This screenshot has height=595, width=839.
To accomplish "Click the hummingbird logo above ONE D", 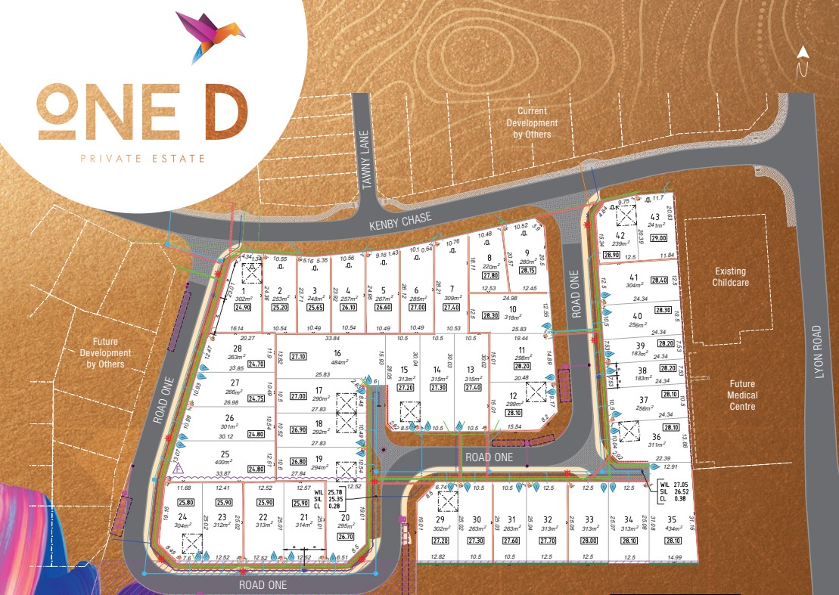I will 208,35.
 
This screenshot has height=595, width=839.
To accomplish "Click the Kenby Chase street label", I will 400,220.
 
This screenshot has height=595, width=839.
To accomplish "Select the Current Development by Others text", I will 532,122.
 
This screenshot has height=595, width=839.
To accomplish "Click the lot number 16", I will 337,352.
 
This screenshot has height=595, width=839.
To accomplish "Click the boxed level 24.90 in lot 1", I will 242,307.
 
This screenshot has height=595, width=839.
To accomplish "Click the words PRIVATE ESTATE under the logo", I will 144,158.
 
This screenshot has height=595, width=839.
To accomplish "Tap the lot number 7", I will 451,289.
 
